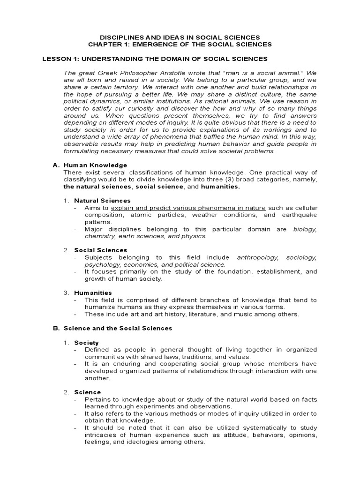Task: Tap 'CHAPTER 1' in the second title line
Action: tap(105, 44)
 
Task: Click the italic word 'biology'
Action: tap(305, 229)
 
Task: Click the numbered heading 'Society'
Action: tap(86, 343)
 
